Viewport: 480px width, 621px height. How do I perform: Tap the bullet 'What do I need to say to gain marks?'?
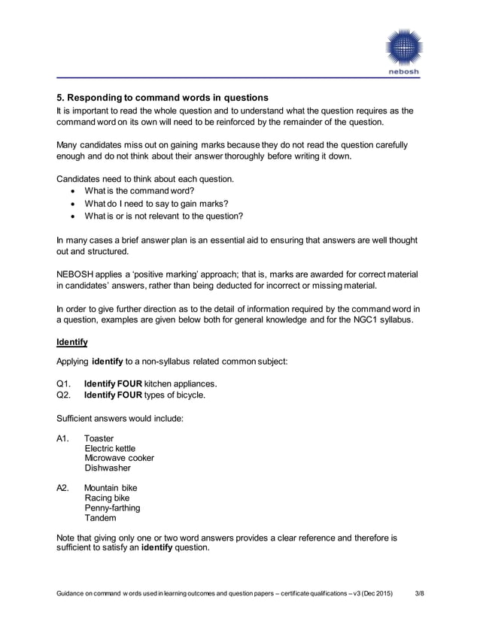[156, 204]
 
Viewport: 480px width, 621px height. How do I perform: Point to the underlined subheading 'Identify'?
[72, 343]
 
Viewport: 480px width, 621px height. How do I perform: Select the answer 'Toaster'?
[99, 438]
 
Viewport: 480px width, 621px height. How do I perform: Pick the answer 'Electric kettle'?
[110, 448]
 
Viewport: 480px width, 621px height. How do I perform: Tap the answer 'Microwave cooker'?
[119, 458]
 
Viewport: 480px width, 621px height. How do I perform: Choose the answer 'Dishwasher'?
[108, 468]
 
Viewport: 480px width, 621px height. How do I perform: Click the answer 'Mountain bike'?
[111, 488]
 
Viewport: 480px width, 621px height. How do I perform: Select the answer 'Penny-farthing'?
[112, 507]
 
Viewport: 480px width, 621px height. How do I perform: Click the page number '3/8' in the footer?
[420, 596]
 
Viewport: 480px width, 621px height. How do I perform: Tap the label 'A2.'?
[64, 488]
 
